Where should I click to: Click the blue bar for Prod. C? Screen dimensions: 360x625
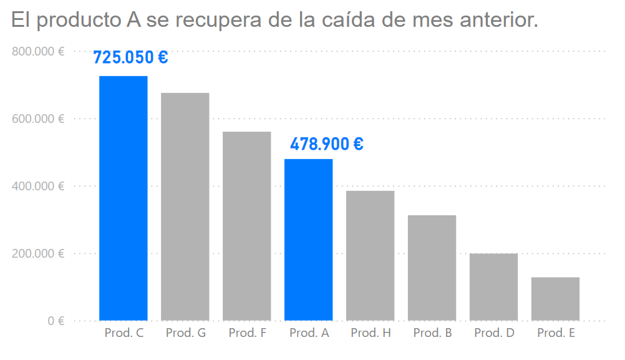(124, 198)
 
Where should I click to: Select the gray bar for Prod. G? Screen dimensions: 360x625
(185, 207)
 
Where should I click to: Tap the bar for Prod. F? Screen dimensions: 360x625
(247, 226)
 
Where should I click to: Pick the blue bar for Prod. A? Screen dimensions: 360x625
(309, 240)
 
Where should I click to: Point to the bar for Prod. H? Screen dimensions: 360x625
(371, 256)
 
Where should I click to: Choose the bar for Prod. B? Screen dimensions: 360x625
(432, 268)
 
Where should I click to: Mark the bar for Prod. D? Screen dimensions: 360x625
(494, 287)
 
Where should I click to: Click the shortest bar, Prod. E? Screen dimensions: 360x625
(556, 299)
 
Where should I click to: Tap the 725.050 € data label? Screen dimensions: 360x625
(130, 57)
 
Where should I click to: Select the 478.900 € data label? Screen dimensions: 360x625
(327, 144)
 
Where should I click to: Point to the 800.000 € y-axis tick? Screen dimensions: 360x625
(38, 51)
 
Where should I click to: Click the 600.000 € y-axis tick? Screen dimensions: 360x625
(38, 119)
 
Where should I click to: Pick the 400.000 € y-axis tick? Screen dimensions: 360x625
(38, 186)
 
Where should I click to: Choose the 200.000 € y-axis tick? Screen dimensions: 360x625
(38, 253)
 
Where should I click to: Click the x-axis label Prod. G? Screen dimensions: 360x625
(185, 333)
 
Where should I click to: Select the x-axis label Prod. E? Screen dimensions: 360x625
(556, 333)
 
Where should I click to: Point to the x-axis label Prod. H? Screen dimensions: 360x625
(371, 333)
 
